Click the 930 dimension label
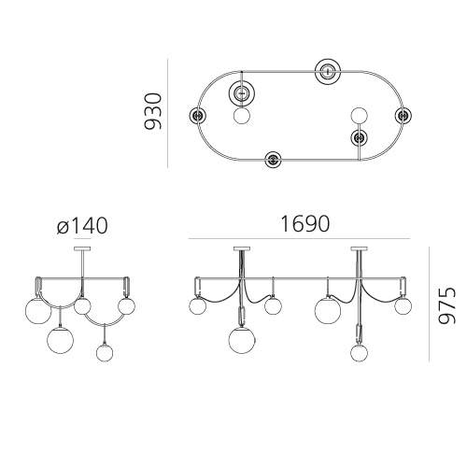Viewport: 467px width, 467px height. (153, 111)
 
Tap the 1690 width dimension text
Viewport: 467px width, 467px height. (304, 224)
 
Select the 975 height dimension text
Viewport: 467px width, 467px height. (446, 305)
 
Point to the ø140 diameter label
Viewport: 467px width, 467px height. (82, 225)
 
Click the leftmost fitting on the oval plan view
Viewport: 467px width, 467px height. (197, 116)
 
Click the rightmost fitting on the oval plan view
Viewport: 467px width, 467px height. (403, 116)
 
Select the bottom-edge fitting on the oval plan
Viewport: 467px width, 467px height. (273, 160)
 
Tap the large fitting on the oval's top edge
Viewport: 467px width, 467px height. (328, 71)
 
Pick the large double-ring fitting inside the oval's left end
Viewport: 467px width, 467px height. (242, 92)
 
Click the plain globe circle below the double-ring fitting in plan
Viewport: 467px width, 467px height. (242, 116)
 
